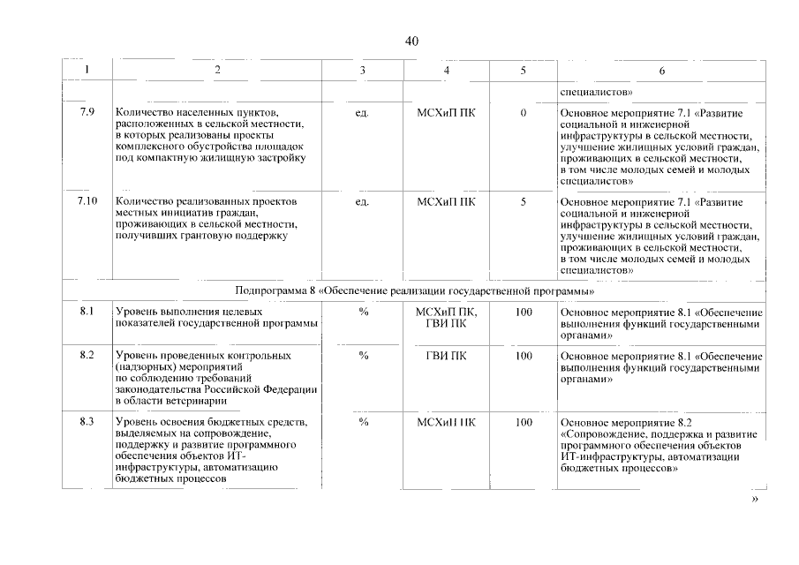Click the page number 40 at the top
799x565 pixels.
point(411,41)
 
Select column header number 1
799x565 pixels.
point(86,70)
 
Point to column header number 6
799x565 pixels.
point(662,70)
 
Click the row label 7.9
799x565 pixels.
point(87,112)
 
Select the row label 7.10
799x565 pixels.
point(87,202)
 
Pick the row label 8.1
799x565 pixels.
point(87,312)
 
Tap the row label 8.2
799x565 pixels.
point(87,355)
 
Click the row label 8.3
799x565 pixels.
point(87,422)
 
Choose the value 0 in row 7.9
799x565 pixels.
point(524,113)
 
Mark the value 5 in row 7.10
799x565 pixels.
point(524,202)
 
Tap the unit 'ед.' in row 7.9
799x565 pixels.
point(362,113)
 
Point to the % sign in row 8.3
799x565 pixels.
point(363,422)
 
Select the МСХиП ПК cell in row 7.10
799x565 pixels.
point(447,202)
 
